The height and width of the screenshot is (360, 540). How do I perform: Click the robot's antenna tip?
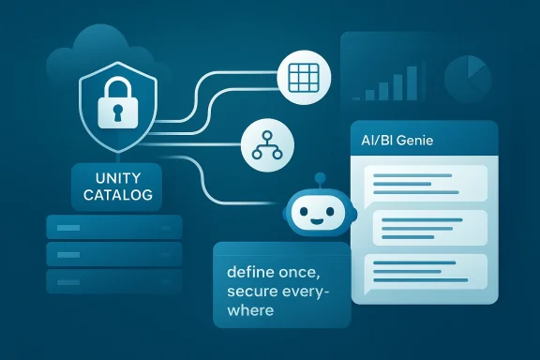click(317, 176)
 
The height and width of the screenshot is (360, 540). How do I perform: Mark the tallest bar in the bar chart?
click(412, 78)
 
